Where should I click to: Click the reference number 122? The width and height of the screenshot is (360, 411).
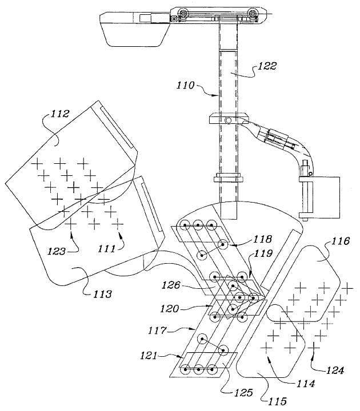tap(267, 66)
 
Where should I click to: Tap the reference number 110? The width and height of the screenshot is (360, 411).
tap(186, 85)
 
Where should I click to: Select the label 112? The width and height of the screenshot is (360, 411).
tap(60, 114)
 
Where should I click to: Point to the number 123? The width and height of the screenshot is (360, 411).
tap(56, 251)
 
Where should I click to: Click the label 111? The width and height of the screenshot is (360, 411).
tap(107, 248)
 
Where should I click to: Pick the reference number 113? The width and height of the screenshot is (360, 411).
tap(103, 294)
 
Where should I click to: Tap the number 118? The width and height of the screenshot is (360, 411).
tap(262, 239)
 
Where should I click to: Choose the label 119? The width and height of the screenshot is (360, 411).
tap(263, 253)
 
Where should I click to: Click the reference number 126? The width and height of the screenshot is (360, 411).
tap(171, 285)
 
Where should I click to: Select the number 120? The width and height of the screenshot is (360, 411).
tap(170, 308)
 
